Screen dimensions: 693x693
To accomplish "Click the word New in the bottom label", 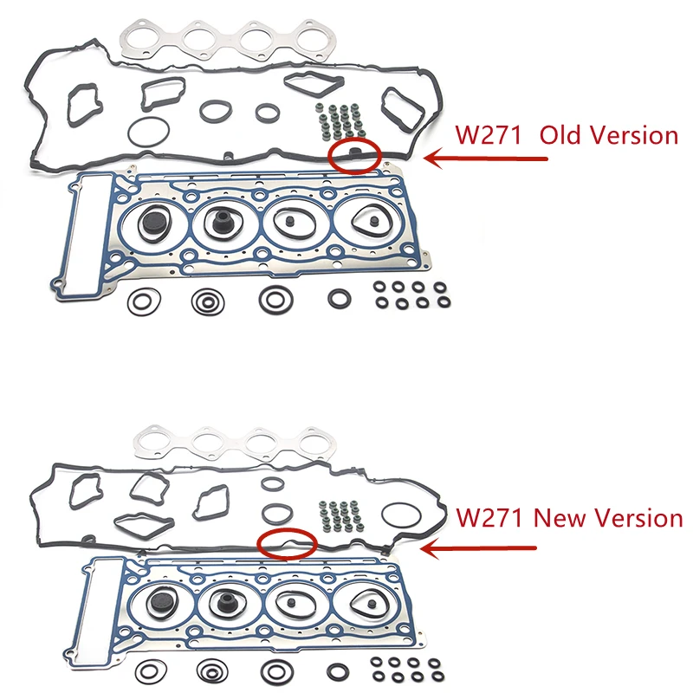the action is coord(564,518).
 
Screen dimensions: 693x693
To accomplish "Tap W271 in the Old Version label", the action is coord(490,136).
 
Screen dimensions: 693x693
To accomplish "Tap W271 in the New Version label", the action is coord(490,518).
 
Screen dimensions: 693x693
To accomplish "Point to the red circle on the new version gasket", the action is coord(287,542).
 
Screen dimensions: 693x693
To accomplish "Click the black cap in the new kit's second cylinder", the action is coord(232,607).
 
